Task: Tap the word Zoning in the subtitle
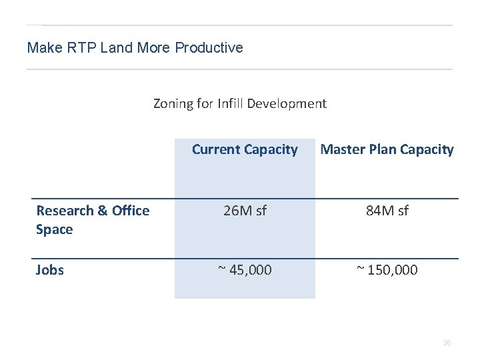pos(173,103)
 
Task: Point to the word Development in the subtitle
pos(287,103)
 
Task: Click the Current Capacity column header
pos(245,149)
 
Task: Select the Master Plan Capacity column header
pos(387,149)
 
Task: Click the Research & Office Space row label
pos(93,220)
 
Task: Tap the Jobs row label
pos(50,270)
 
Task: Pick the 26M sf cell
pos(245,211)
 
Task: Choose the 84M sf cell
pos(387,211)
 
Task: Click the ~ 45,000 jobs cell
pos(245,270)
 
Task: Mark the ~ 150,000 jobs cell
pos(387,270)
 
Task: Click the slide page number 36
pos(447,343)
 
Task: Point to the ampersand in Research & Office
pos(103,211)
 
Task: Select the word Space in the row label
pos(54,229)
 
